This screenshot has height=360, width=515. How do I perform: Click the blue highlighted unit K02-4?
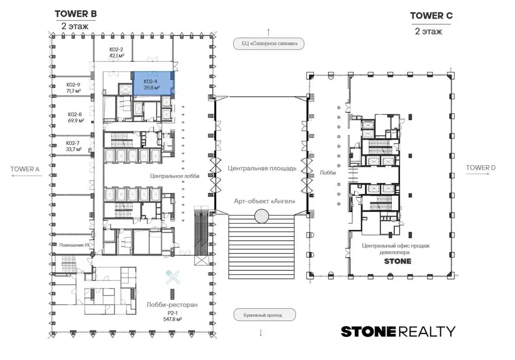tap(153, 84)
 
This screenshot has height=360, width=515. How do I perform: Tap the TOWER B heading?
tap(76, 14)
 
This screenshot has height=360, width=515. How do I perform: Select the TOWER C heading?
tap(431, 16)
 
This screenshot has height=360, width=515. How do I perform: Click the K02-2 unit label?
tap(116, 50)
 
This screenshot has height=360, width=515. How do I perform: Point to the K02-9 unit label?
tap(73, 85)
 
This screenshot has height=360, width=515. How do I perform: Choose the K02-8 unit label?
tap(75, 114)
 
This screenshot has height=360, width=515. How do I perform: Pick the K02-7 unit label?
tap(72, 143)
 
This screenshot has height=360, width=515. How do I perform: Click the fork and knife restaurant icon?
tap(173, 277)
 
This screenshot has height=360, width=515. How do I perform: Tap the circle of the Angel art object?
tap(261, 216)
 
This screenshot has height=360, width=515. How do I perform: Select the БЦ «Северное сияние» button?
tap(269, 44)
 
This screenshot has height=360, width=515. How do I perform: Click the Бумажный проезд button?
tap(264, 315)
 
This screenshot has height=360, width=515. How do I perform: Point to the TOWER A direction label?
tap(25, 169)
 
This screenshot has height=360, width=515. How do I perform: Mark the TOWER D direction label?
tap(480, 168)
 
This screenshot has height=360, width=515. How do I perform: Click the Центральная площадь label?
tap(262, 168)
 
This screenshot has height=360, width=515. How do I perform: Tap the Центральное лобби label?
tap(175, 176)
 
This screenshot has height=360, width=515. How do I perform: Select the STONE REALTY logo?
tap(398, 331)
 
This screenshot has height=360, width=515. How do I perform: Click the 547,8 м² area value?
tap(173, 319)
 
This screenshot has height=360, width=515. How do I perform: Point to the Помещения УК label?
tap(75, 245)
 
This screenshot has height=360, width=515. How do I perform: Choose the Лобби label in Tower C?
tap(328, 173)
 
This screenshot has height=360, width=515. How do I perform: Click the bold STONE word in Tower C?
tap(398, 261)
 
